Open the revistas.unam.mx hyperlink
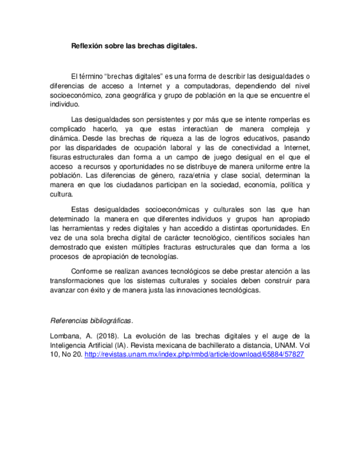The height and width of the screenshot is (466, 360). coord(195,354)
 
